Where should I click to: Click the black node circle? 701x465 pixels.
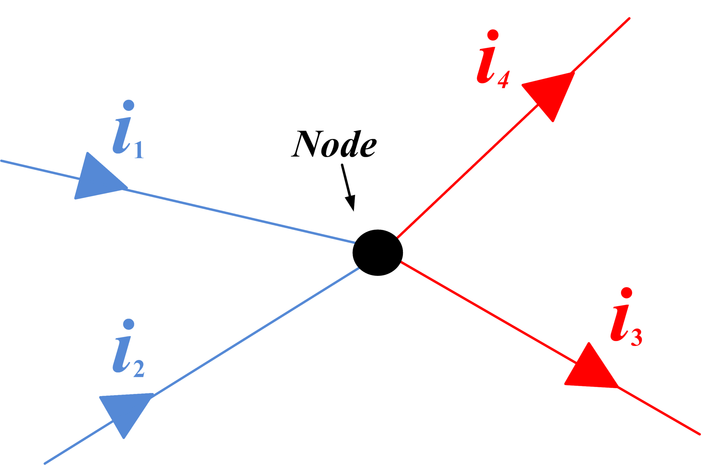tap(377, 252)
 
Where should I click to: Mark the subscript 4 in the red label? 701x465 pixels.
tap(502, 80)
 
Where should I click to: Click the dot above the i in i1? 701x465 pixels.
tap(129, 105)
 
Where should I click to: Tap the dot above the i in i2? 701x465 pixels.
tap(129, 323)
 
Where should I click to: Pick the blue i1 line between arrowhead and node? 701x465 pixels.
tap(241, 216)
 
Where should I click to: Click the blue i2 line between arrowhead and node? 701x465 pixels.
tap(255, 333)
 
